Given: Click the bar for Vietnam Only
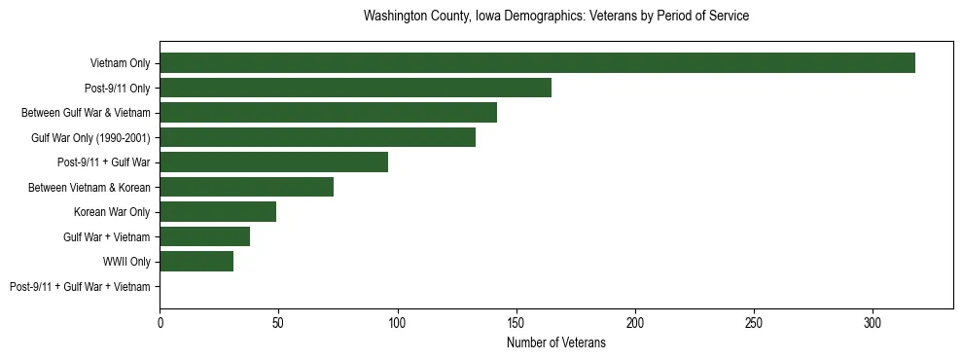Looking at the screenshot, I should (x=537, y=63).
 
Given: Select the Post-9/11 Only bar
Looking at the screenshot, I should (x=355, y=88).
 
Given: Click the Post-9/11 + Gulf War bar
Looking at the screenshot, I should (x=273, y=162).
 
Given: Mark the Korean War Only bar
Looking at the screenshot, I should (x=218, y=212).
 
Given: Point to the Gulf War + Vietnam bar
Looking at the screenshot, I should (x=204, y=236).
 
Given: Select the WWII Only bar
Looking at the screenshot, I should (x=196, y=261).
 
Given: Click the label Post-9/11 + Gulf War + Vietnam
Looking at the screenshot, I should (x=80, y=287).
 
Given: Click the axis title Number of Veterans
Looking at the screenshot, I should (x=555, y=342).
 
